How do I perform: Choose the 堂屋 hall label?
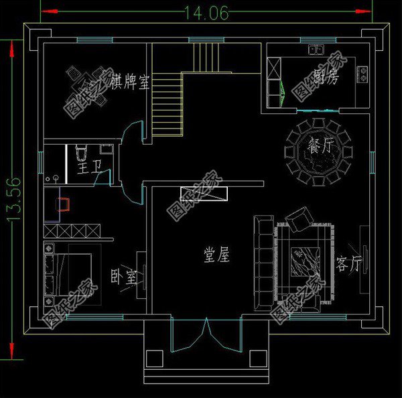pos(216,255)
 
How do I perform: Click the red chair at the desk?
pos(66,204)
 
